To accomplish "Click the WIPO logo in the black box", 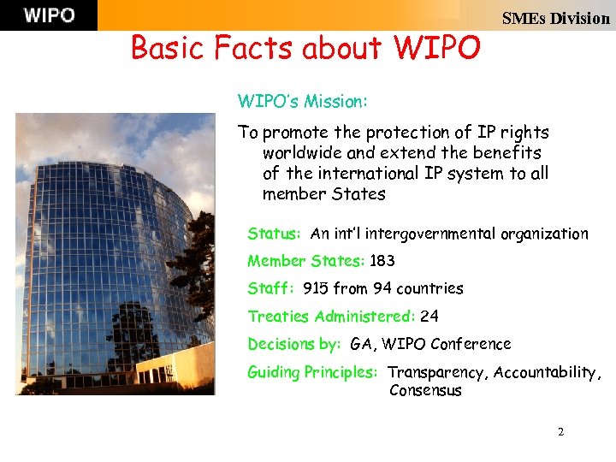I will (x=49, y=15).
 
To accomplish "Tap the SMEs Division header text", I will (x=555, y=18).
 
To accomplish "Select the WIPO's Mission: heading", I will (x=303, y=102).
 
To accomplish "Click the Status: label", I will (x=274, y=234).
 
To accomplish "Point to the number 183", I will (x=382, y=261).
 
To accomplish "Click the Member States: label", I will (x=305, y=261).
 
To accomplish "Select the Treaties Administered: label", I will (x=331, y=317).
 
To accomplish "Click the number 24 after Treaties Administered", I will (x=429, y=317).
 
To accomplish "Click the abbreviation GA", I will (x=363, y=344).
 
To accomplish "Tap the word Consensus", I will (x=425, y=391).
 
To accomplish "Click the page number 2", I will (x=560, y=432).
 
